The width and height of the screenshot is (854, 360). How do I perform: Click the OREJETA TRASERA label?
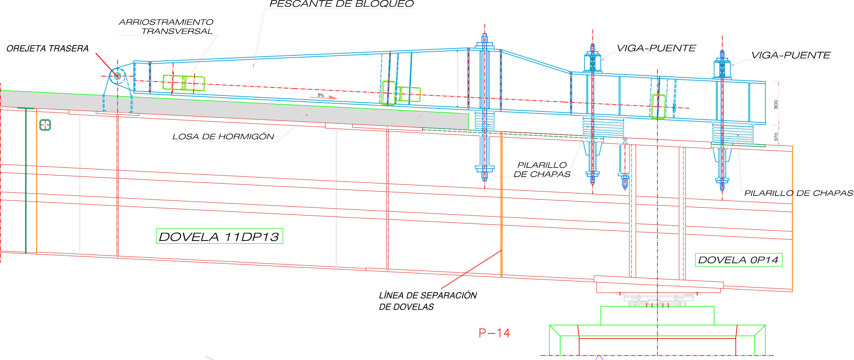pyautogui.click(x=47, y=49)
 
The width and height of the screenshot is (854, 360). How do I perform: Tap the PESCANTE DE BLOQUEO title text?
pyautogui.click(x=342, y=4)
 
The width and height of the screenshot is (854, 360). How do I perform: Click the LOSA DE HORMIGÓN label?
pyautogui.click(x=223, y=137)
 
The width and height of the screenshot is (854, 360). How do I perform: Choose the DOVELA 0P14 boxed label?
pyautogui.click(x=738, y=260)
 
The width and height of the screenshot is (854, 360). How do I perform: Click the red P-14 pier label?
pyautogui.click(x=494, y=333)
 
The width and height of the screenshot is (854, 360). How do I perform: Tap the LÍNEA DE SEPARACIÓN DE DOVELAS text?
pyautogui.click(x=428, y=301)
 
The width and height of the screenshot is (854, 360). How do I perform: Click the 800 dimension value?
pyautogui.click(x=776, y=104)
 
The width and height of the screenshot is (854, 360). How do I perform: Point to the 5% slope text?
pyautogui.click(x=321, y=95)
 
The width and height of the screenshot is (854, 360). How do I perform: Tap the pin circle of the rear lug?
pyautogui.click(x=117, y=76)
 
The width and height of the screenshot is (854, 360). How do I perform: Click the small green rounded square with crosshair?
pyautogui.click(x=45, y=125)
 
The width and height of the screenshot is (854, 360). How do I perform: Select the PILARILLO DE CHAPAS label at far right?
pyautogui.click(x=798, y=193)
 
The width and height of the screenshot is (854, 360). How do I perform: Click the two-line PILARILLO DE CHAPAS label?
pyautogui.click(x=542, y=169)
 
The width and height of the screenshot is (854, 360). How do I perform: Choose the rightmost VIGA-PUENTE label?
pyautogui.click(x=791, y=55)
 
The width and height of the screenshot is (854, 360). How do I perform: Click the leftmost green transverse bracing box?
pyautogui.click(x=183, y=83)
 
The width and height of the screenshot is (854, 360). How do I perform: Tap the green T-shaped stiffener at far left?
pyautogui.click(x=26, y=179)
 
